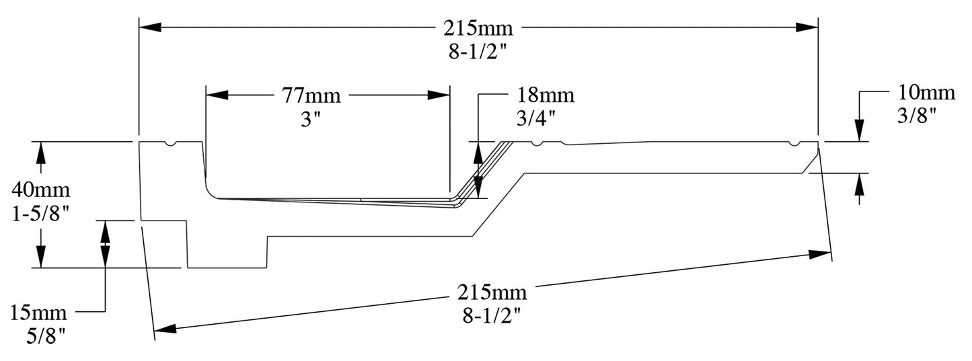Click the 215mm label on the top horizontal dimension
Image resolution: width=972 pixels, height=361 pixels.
click(478, 28)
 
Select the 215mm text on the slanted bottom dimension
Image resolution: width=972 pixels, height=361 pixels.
click(492, 293)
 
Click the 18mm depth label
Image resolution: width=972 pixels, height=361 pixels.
click(546, 95)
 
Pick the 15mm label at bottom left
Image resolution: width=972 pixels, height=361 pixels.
click(38, 312)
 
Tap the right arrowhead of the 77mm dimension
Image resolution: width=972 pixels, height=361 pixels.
click(439, 95)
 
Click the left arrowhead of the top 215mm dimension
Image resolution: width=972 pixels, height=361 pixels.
click(149, 28)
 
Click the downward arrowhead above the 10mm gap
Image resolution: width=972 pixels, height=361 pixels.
click(859, 132)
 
